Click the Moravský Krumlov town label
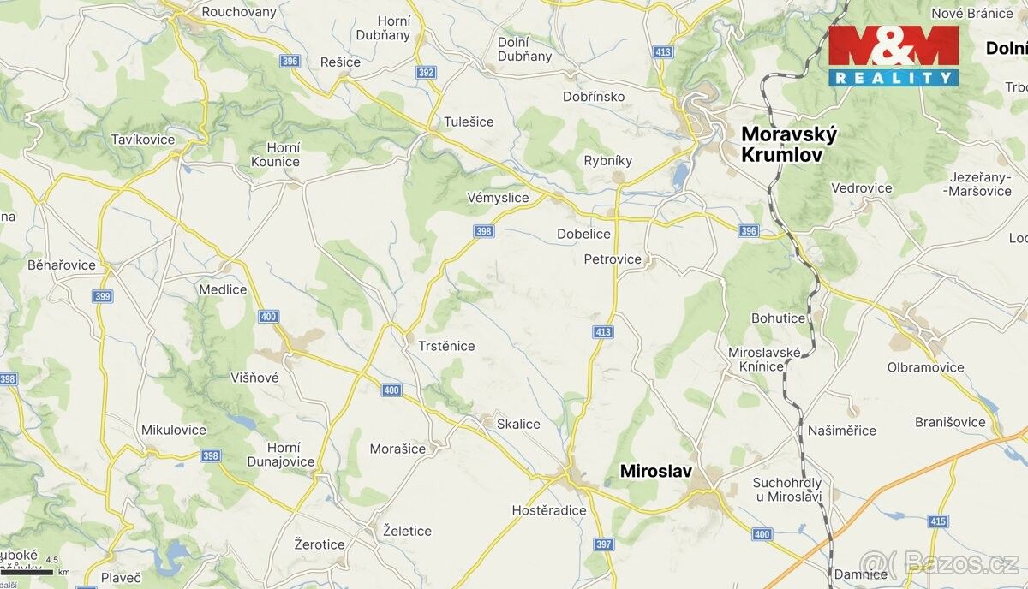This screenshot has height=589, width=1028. click(788, 145)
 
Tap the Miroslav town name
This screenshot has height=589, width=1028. click(655, 471)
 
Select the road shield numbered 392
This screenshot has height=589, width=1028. click(426, 73)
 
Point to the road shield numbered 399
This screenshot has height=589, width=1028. click(102, 296)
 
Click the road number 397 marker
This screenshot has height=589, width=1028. click(604, 544)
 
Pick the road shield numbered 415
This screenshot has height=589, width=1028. click(938, 521)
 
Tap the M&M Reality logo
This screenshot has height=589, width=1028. click(893, 56)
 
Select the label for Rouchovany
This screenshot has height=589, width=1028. click(239, 12)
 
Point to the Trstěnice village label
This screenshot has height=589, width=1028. click(446, 346)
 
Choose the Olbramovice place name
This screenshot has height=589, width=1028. click(925, 367)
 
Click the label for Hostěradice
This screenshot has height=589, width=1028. click(549, 510)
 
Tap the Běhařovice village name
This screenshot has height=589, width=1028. click(62, 265)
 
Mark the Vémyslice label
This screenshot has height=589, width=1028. click(498, 198)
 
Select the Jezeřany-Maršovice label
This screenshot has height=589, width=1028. click(979, 184)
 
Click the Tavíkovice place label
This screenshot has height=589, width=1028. click(143, 140)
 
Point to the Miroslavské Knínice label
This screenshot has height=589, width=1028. click(764, 360)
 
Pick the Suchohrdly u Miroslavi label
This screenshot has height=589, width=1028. click(787, 490)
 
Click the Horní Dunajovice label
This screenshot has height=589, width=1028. click(284, 455)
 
